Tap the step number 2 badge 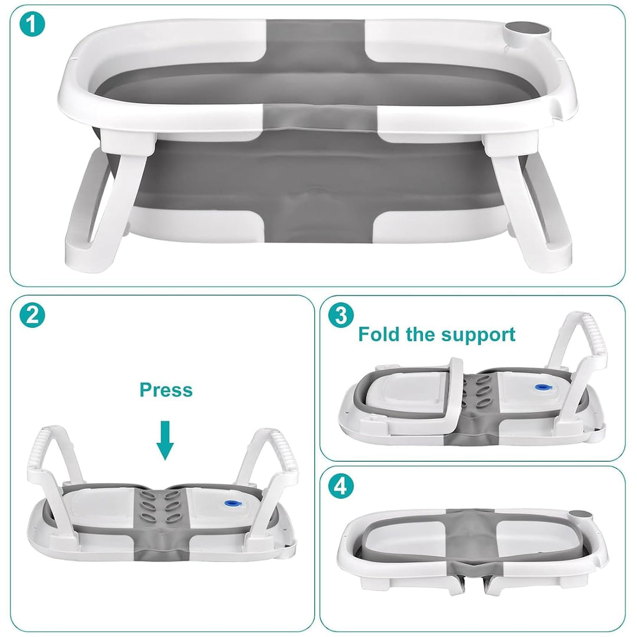click(32, 315)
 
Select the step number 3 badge click(341, 315)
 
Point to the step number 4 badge click(341, 486)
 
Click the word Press click(166, 390)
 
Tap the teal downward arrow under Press click(165, 441)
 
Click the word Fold click(379, 334)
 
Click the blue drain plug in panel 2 click(232, 504)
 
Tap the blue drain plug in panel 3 click(543, 388)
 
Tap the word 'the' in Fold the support click(421, 334)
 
